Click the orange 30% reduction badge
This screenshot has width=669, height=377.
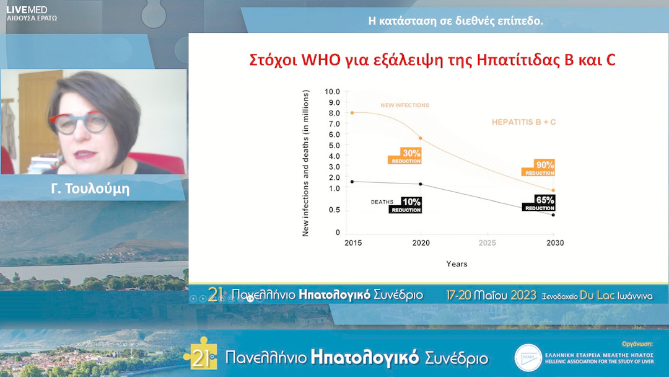point(406,156)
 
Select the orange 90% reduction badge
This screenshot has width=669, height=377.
point(538,168)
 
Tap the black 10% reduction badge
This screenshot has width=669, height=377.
point(406,205)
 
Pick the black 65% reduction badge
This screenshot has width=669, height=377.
point(538,203)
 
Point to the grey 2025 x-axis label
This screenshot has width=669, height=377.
point(488,243)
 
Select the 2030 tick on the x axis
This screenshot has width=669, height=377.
point(554,243)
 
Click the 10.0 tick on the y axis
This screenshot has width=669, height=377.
point(333,92)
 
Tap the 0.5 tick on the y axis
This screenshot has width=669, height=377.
point(334,210)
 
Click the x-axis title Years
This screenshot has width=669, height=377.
point(457,264)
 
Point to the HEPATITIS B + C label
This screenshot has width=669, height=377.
point(523,122)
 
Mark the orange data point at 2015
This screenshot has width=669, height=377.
point(352,113)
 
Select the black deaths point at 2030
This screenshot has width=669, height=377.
point(553,215)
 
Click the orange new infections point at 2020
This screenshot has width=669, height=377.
point(421,138)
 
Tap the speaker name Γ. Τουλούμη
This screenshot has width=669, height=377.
point(90,189)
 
